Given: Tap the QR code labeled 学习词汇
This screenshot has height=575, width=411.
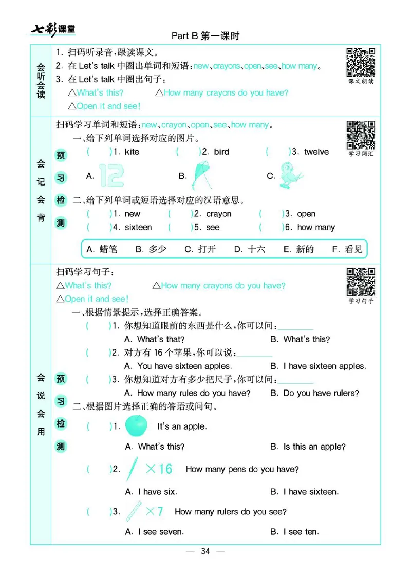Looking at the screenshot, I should pos(361,134).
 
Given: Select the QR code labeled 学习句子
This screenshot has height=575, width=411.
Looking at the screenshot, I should pos(361,281).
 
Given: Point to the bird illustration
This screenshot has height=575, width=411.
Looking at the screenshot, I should pos(291,175).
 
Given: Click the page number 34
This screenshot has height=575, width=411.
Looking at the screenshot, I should pos(206,551).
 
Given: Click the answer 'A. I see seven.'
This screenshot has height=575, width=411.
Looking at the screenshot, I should pos(155,532).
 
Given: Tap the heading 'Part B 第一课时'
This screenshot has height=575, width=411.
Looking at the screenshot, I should pos(206,36).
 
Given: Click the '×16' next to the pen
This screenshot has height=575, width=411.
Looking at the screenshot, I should pos(159,469).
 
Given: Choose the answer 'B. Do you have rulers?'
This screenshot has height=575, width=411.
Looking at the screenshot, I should pos(314,393).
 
